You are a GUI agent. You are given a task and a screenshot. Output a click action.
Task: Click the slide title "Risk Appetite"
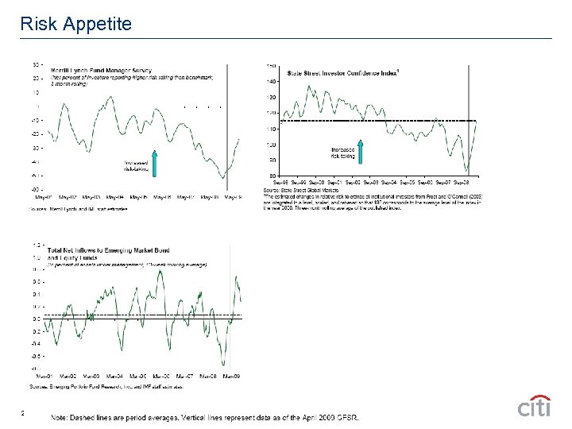pos(75,24)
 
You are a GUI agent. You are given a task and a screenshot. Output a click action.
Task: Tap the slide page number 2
pos(24,412)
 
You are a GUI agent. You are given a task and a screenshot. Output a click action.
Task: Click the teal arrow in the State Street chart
pos(360,153)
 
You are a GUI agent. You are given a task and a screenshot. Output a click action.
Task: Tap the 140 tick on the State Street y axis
pos(272,81)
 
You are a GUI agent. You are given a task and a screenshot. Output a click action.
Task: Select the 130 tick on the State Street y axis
pos(272,97)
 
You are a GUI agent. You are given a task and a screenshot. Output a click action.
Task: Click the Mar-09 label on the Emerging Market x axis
pos(232,375)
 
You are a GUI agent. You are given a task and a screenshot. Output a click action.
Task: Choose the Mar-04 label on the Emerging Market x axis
pos(114,375)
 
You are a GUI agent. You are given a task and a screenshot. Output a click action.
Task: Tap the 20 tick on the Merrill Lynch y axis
pos(36,79)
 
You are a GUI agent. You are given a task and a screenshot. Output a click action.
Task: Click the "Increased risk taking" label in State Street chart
pos(342,153)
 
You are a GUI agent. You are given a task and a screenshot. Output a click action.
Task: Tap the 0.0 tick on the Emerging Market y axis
pos(37,319)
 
